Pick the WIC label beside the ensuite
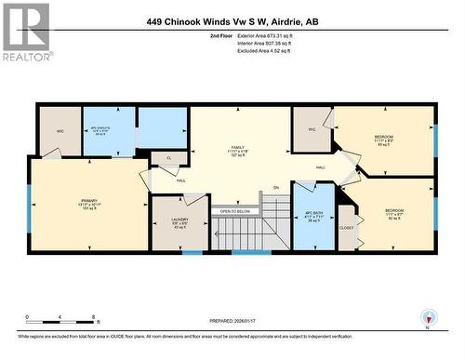(60, 131)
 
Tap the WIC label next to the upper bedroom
(312, 129)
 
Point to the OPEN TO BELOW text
(235, 211)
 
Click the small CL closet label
(168, 159)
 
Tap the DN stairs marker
(275, 188)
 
